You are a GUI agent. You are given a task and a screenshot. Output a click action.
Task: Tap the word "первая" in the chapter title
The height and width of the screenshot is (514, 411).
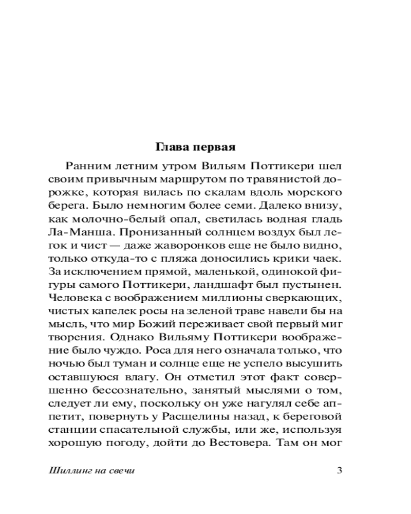point(212,148)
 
